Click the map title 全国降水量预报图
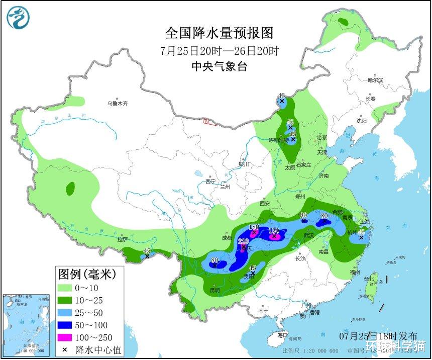(x=220, y=33)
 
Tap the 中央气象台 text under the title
(x=220, y=66)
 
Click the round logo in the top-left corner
(x=18, y=18)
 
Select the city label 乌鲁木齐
(x=117, y=104)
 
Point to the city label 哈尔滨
(x=375, y=80)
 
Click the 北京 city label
(x=321, y=137)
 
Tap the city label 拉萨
(x=123, y=240)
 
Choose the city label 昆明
(x=214, y=290)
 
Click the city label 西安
(x=265, y=204)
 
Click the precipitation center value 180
(x=254, y=227)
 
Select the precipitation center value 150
(x=274, y=231)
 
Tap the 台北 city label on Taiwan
(x=369, y=279)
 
